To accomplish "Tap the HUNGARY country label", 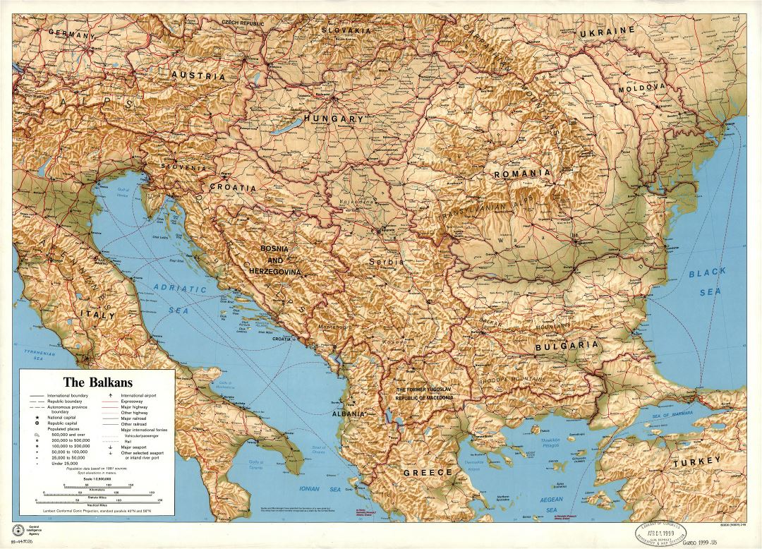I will click(x=333, y=119).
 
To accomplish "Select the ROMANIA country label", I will click(x=522, y=174).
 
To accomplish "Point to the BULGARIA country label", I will click(x=567, y=346).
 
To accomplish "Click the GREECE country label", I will click(x=427, y=472).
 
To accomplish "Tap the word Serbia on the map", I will click(x=386, y=261).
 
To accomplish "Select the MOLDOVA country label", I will click(x=642, y=89).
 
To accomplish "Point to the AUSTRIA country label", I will click(x=198, y=75).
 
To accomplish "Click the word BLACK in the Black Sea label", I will click(x=707, y=272).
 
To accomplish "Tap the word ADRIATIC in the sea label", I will click(x=181, y=288).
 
